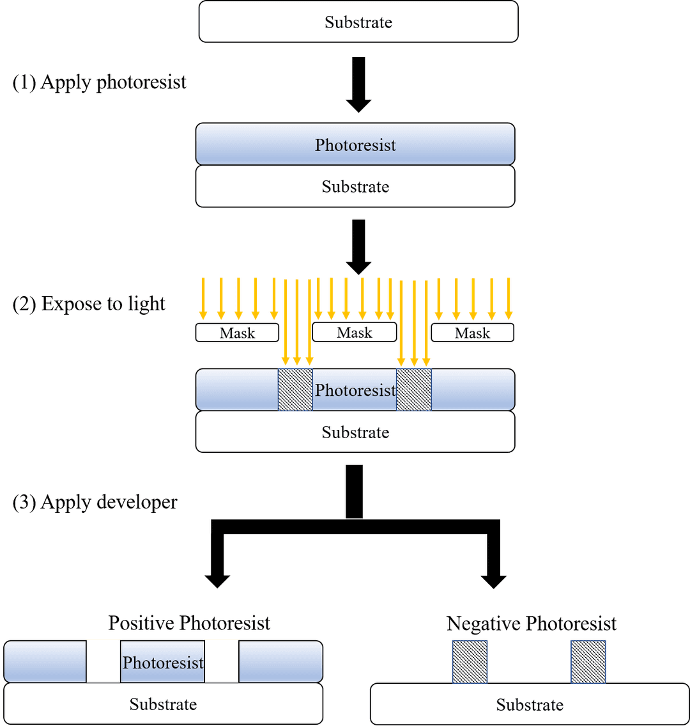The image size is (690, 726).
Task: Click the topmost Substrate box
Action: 358,22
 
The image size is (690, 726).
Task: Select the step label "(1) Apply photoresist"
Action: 100,83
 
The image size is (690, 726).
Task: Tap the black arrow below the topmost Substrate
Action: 358,84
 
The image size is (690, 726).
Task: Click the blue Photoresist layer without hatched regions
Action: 355,145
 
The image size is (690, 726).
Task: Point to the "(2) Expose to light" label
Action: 89,303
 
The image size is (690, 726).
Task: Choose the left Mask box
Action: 237,333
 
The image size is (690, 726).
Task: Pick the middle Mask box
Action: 354,332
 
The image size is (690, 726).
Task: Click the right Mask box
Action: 472,333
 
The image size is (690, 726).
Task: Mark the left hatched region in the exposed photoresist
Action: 295,390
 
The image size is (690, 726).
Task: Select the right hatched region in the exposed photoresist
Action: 414,390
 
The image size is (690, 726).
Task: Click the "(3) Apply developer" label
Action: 95,502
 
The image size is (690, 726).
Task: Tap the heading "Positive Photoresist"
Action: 189,622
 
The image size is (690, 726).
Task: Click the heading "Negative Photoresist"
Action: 532,623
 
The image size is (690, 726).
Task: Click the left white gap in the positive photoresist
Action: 103,661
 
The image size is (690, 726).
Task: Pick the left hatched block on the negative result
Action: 470,661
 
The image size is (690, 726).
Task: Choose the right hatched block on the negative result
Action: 588,661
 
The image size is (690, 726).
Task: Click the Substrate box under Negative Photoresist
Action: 530,705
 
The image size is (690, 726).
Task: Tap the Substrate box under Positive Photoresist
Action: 163,704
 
